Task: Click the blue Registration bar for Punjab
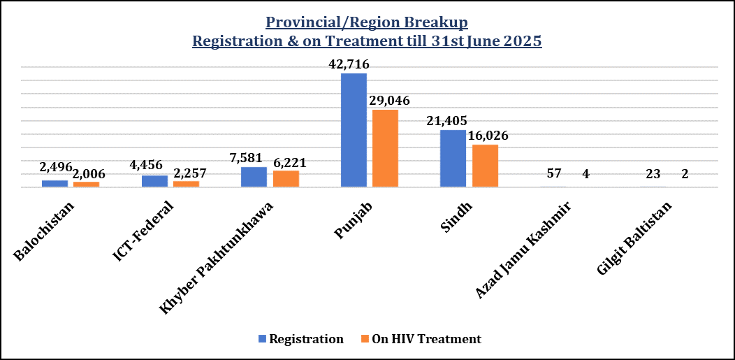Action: click(x=354, y=130)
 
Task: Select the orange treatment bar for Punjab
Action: click(x=385, y=148)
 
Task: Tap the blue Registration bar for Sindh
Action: click(x=453, y=159)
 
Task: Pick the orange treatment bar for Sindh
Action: click(x=485, y=166)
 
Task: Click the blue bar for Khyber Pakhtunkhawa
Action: click(x=254, y=177)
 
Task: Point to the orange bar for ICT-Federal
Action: click(x=186, y=184)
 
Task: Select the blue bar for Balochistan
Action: click(x=54, y=183)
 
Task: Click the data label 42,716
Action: click(x=354, y=64)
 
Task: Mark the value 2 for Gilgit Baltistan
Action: click(x=685, y=174)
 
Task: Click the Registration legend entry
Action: click(x=301, y=339)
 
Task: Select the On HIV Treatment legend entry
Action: click(x=421, y=339)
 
